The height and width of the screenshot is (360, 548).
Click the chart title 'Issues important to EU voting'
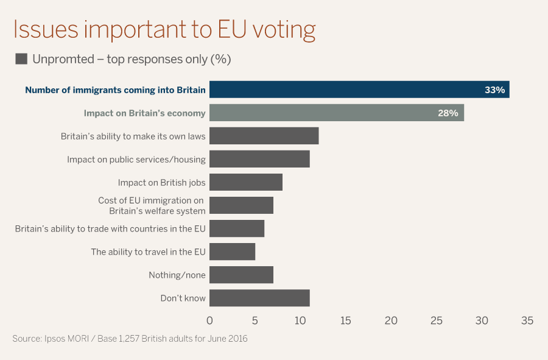164,30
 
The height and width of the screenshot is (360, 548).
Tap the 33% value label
494,90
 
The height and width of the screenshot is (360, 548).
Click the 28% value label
448,113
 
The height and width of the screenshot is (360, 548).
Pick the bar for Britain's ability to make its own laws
264,136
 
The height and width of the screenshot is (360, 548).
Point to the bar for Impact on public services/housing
259,159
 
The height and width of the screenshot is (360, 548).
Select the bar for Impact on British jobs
246,182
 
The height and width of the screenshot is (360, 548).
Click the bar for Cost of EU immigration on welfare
241,205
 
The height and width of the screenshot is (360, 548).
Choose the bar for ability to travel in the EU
232,252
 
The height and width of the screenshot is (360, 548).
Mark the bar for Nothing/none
241,275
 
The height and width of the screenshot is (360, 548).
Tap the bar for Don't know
259,298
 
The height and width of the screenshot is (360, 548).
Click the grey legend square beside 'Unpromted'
21,59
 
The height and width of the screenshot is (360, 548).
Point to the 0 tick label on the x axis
209,320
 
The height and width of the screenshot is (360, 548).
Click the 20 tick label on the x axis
391,320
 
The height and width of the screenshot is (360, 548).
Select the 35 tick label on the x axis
527,320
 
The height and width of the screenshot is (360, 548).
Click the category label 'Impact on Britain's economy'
144,113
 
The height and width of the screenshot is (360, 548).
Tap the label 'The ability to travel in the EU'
148,252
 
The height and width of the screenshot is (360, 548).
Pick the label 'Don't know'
183,298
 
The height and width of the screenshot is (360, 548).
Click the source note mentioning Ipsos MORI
130,338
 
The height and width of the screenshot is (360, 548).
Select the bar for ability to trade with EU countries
237,228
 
